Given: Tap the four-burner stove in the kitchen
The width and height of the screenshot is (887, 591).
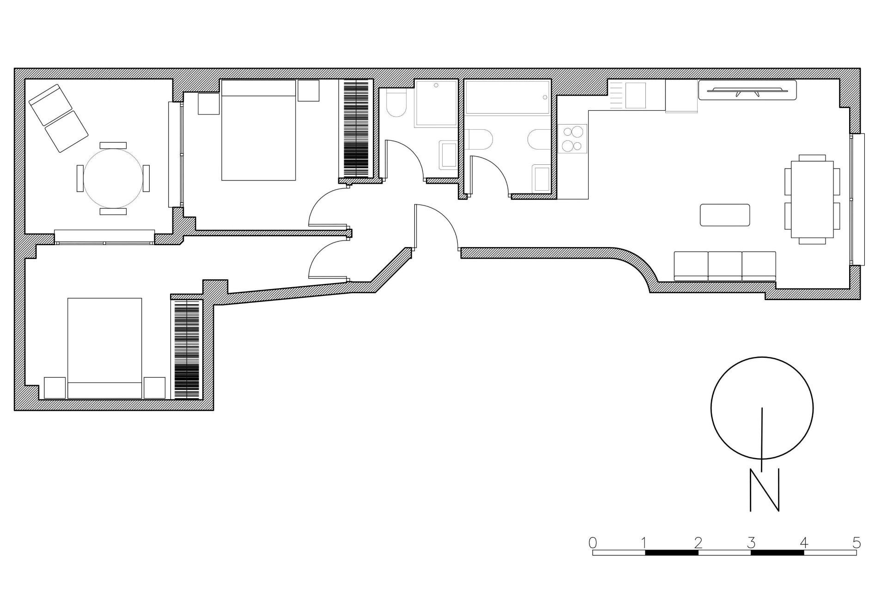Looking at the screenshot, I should tap(572, 139).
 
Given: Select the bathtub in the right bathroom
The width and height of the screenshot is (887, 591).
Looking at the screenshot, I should tap(507, 97).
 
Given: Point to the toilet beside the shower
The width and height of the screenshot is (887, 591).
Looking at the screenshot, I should tap(396, 105).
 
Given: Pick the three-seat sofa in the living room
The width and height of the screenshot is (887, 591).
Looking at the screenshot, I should tap(725, 266).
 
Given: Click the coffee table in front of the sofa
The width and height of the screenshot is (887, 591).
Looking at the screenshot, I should tap(724, 215).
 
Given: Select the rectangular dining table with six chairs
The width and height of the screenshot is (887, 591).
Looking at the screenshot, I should tap(812, 199).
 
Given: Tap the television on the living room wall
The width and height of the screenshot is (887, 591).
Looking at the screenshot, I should tap(747, 90).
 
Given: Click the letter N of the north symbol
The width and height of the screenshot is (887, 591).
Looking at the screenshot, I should tap(764, 490).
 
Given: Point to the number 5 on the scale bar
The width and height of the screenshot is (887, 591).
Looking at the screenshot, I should tap(856, 542).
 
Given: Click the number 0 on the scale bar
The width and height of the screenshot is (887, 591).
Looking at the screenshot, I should tap(593, 542).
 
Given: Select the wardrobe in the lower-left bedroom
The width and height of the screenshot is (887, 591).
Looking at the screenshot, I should tap(187, 349).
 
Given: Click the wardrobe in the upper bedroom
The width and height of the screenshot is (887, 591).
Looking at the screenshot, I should tap(356, 129).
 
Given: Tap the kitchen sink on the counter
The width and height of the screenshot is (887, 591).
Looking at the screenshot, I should tap(635, 96).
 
